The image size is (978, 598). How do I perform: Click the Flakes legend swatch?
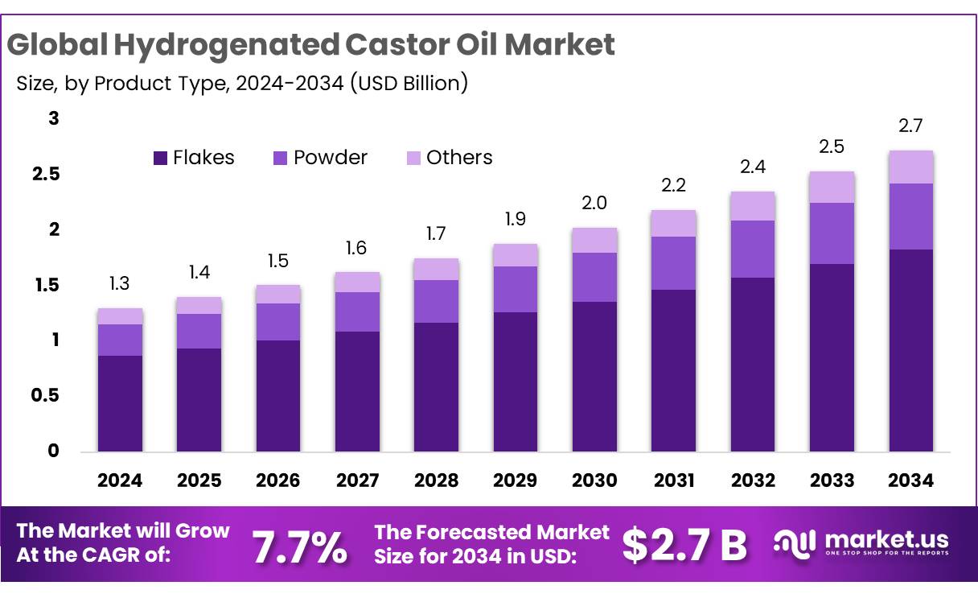pos(160,158)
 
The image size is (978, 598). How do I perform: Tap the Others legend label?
pos(458,158)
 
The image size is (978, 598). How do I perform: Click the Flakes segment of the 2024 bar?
pos(120,402)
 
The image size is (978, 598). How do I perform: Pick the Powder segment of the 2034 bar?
pos(911,217)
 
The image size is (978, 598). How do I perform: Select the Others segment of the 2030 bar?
pos(594,240)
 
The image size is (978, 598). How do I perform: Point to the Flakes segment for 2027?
pos(357,391)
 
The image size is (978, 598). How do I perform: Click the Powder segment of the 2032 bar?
pos(753,250)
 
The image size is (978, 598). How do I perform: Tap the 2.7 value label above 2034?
pos(911,126)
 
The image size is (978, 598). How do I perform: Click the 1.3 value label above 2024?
pos(120,283)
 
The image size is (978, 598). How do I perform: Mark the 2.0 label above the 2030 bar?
pos(594,204)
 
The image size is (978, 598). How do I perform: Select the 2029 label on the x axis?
pos(516,481)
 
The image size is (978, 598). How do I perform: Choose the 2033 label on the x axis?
pos(832,481)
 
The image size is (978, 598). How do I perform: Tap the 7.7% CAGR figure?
pos(300,548)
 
